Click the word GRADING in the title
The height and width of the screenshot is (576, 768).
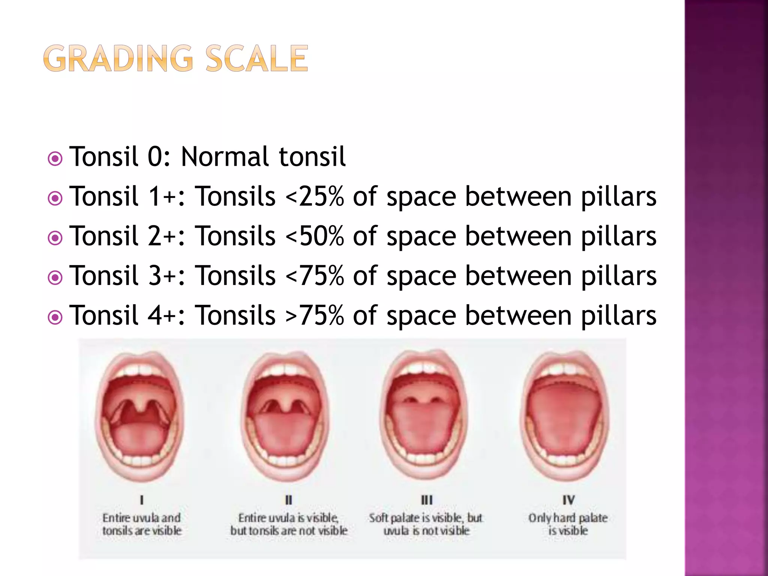(118, 58)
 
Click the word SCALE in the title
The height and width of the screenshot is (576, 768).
(257, 58)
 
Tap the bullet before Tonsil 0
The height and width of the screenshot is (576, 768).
(55, 159)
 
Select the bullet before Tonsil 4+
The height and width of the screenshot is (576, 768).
(55, 318)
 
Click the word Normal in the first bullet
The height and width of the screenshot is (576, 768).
(225, 157)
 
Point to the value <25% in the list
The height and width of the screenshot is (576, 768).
(315, 196)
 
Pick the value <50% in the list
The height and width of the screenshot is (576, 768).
(315, 236)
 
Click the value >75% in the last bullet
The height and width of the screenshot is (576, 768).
(315, 315)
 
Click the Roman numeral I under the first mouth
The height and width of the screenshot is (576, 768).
(142, 500)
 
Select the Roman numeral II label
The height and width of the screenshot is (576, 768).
(288, 500)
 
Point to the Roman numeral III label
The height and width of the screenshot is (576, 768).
(426, 500)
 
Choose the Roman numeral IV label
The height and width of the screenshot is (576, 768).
(568, 500)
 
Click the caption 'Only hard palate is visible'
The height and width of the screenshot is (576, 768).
(568, 524)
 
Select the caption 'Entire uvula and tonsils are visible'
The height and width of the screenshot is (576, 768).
(142, 524)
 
